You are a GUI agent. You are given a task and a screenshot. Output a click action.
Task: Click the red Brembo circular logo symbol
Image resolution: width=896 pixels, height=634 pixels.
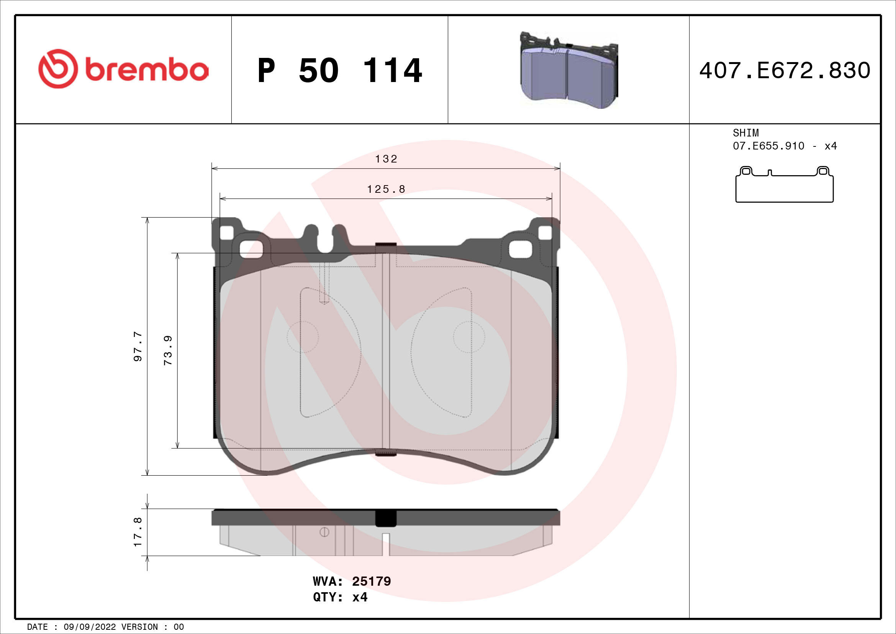pos(58,69)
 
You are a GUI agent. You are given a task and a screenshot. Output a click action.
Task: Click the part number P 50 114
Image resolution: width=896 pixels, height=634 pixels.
pos(339,71)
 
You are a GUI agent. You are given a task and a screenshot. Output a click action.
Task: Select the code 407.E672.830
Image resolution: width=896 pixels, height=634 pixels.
pos(785,71)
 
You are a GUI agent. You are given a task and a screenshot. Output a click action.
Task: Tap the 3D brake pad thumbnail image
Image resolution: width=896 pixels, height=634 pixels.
pos(568,71)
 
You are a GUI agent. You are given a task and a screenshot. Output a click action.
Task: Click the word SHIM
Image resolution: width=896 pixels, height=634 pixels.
pos(745,133)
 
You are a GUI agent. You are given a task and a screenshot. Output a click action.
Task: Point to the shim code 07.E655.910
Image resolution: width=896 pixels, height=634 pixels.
pos(768,146)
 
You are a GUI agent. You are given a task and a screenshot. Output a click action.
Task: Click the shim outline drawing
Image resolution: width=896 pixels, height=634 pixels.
pos(785,185)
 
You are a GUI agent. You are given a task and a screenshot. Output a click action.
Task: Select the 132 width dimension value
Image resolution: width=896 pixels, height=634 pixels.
pos(386,159)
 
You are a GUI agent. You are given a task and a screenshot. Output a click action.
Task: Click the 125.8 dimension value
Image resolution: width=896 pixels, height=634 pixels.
pos(386,189)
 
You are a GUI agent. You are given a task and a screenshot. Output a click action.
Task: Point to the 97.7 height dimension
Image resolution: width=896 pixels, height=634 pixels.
pos(138,346)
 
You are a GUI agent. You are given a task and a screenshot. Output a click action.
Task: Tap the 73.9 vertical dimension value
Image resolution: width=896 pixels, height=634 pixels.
pos(168,350)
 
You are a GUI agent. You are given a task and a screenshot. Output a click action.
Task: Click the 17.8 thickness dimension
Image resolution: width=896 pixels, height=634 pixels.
pos(138,532)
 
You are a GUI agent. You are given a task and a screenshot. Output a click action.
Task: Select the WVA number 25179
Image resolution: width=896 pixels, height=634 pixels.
pos(371,581)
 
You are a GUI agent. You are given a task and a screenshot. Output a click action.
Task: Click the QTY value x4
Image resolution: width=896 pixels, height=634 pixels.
pos(360,597)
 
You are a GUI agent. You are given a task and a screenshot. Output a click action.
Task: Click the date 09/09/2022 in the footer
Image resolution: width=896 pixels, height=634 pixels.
pos(90,627)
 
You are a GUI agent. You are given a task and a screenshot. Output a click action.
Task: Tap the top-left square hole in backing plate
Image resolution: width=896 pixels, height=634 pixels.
pos(227,233)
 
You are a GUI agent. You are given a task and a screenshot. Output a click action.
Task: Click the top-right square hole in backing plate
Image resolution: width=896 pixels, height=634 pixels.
pos(545,233)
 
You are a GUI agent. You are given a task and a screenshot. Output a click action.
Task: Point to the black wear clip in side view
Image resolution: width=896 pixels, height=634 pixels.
pos(386,519)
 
